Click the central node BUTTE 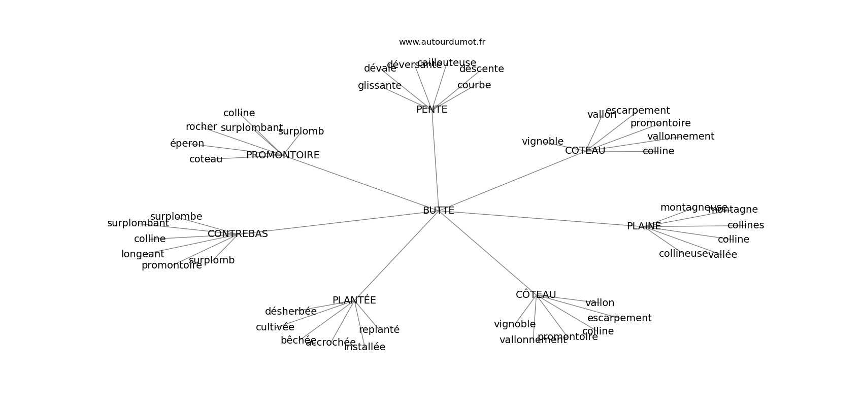tap(438, 211)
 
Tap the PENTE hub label tap(432, 110)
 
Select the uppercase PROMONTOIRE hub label tap(283, 155)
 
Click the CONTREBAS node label tap(238, 234)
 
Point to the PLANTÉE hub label tap(354, 300)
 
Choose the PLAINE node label tap(644, 226)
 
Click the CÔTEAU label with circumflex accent tap(536, 295)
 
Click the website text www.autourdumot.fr tap(442, 42)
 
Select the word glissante tap(379, 86)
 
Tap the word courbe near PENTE tap(474, 85)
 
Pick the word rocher tap(201, 127)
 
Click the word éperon tap(187, 144)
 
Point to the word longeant tap(143, 254)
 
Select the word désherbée tap(290, 312)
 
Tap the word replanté tap(379, 330)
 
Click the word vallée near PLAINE tap(722, 255)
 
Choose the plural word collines tap(745, 225)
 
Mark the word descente tap(481, 69)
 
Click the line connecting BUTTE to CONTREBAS tap(345, 222)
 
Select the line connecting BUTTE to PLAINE tap(538, 219)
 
